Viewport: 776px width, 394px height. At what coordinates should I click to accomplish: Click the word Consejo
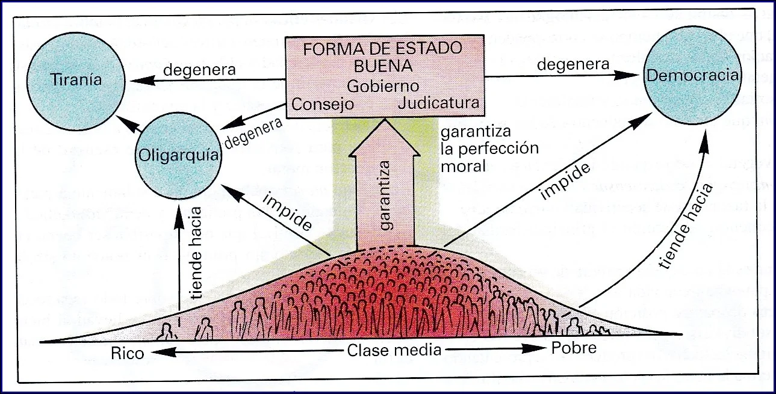pyautogui.click(x=322, y=103)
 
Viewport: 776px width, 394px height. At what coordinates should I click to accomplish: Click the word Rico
pyautogui.click(x=128, y=352)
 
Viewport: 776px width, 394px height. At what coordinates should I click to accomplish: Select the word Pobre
pyautogui.click(x=573, y=348)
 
